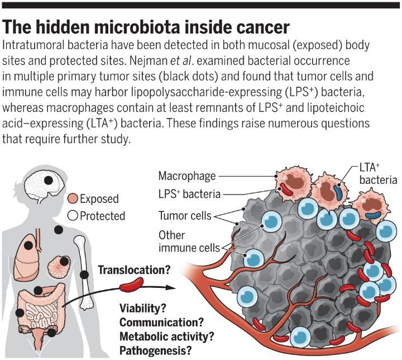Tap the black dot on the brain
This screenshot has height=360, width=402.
[x=49, y=180]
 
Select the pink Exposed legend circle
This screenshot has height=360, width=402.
[x=73, y=198]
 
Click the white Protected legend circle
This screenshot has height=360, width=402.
[x=73, y=216]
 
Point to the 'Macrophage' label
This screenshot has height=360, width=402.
[x=187, y=176]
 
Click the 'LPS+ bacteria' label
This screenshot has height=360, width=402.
[x=189, y=194]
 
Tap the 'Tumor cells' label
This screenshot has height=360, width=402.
[x=185, y=216]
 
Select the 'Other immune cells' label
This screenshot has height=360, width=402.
[x=189, y=241]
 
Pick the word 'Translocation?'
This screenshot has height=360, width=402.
[x=134, y=270]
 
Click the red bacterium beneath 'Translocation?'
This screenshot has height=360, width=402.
[x=132, y=285]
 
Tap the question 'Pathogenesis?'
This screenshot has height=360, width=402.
[x=156, y=350]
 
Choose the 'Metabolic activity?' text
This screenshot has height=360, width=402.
[x=166, y=336]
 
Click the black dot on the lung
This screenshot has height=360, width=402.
[x=28, y=245]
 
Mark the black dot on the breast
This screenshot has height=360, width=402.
[x=64, y=262]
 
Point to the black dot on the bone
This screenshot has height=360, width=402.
[x=84, y=275]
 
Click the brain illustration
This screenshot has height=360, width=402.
[x=44, y=187]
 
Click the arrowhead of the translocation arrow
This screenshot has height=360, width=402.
[x=172, y=288]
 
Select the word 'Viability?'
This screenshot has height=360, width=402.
[x=143, y=308]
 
